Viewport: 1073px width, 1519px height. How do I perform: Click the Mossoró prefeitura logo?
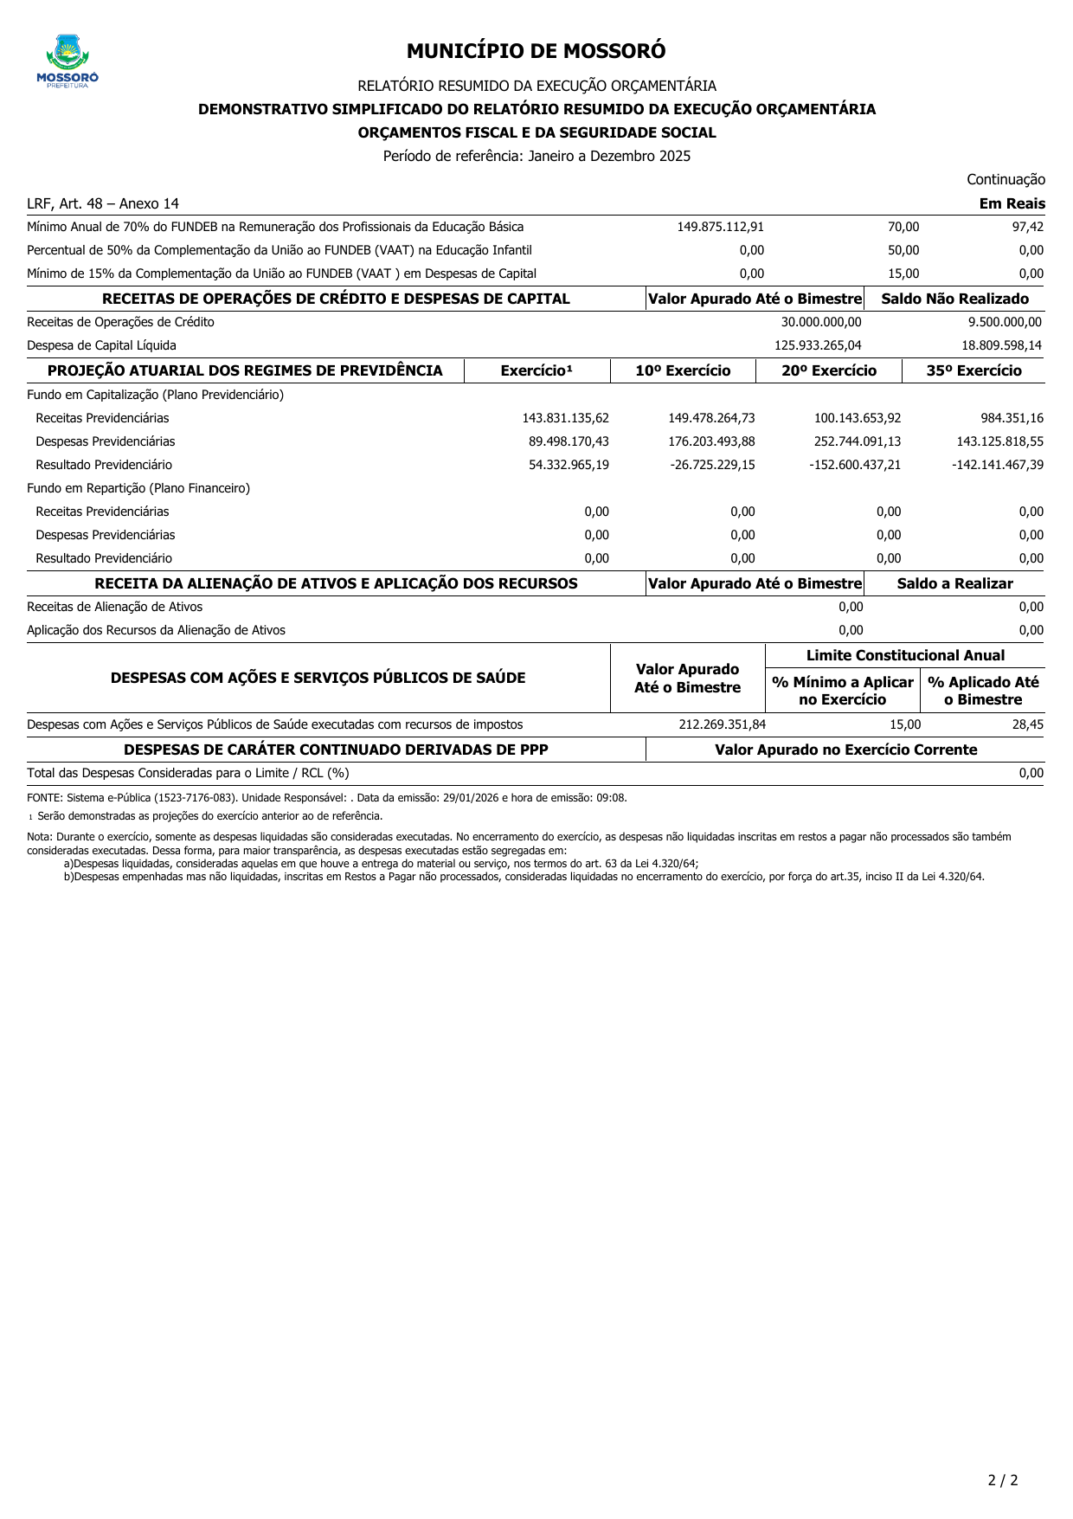[x=67, y=61]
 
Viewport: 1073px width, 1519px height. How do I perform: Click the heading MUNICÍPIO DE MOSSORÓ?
[x=536, y=51]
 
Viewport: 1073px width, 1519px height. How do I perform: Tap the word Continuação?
[x=1006, y=180]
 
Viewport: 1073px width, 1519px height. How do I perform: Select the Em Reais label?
[x=1012, y=204]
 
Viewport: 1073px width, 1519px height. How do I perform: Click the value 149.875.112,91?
[x=720, y=227]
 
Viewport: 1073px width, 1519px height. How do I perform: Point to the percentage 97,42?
[x=1027, y=227]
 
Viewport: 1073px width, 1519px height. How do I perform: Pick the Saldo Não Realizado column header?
[x=954, y=299]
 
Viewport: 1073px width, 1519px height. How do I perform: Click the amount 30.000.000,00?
[x=820, y=322]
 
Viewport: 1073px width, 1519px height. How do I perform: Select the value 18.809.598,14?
[x=1001, y=345]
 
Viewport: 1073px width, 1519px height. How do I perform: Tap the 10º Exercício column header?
[x=683, y=371]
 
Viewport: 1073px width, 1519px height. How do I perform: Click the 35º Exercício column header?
[x=973, y=371]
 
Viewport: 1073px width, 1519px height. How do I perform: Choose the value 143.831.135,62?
[x=565, y=418]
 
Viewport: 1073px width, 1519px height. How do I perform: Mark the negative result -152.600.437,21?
[x=855, y=465]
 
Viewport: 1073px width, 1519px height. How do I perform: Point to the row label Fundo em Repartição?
[x=138, y=488]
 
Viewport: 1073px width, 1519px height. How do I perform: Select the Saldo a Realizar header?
[x=954, y=584]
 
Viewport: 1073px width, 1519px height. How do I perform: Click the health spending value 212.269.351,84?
[x=722, y=724]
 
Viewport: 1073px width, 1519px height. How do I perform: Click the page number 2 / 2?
[x=1003, y=1480]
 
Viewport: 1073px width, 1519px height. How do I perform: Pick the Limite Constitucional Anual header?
[x=905, y=656]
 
